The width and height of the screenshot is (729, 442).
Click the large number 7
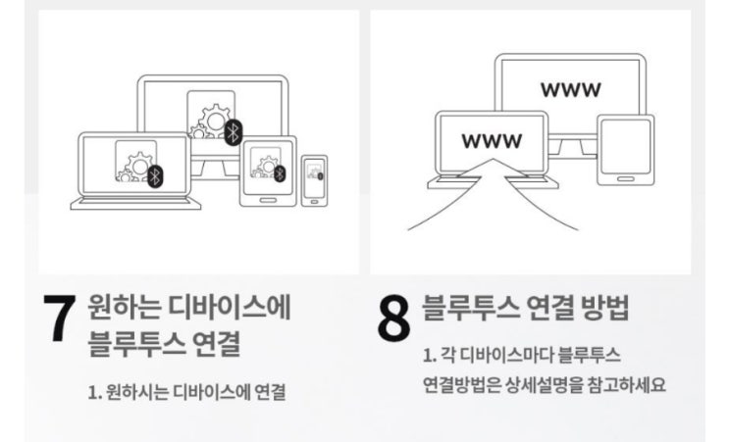(x=60, y=319)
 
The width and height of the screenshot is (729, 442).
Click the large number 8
(x=393, y=319)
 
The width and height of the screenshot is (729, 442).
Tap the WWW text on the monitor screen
(x=570, y=89)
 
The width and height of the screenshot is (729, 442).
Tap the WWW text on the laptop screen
(x=492, y=140)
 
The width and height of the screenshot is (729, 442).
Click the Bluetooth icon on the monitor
(x=233, y=132)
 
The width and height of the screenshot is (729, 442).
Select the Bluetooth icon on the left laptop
(x=156, y=176)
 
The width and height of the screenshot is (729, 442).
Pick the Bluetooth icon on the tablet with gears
(x=279, y=173)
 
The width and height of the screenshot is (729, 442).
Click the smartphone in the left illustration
(x=314, y=180)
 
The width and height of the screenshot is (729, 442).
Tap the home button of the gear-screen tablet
(x=268, y=201)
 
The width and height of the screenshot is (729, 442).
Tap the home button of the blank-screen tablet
(x=625, y=179)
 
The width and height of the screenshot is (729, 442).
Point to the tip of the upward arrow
(x=493, y=159)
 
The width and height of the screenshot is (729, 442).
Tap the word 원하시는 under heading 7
(x=136, y=392)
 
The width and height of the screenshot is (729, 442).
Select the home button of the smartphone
(x=314, y=202)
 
